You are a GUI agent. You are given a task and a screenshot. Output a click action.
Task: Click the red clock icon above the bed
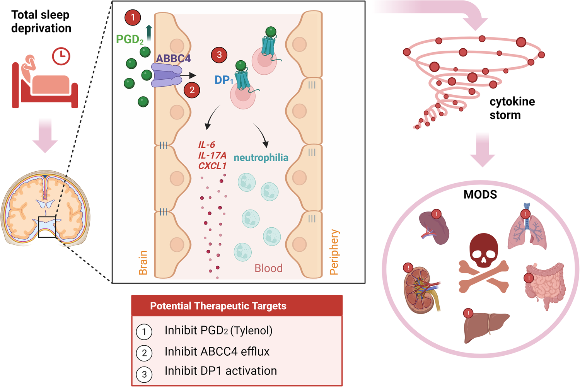61,56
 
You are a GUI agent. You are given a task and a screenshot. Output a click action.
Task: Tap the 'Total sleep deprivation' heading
41,22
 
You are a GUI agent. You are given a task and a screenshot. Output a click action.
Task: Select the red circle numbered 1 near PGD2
133,18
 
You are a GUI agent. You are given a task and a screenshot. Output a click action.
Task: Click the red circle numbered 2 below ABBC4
192,90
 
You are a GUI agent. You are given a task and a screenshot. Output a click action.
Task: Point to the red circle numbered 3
219,55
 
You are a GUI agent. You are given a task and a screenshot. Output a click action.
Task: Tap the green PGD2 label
130,39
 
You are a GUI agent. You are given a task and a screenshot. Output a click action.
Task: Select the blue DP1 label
224,80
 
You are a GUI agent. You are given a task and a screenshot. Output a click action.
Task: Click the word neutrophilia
261,158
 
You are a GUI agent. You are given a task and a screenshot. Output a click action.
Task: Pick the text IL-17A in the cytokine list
212,155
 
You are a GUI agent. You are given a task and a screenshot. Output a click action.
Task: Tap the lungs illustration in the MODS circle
527,230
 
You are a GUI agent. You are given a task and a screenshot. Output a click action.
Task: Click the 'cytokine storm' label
512,108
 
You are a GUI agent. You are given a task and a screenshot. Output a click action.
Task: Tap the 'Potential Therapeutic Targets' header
218,306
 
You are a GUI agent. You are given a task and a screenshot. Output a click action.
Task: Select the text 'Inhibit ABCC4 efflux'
217,351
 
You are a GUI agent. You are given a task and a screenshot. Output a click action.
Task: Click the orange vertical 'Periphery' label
334,252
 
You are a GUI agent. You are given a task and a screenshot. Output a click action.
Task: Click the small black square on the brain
47,227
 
